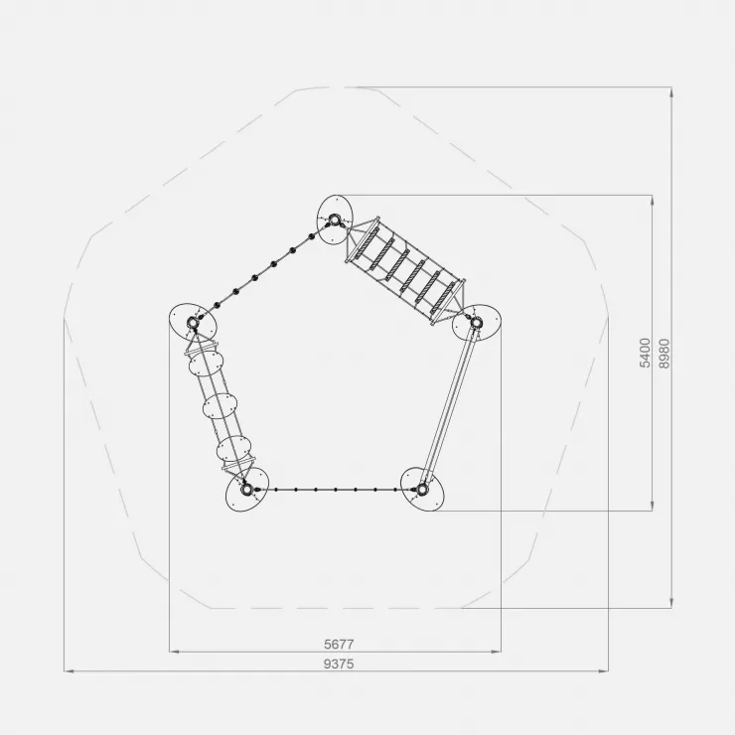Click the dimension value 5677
coord(339,644)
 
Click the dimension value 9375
coord(339,663)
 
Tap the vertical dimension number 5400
coord(646,353)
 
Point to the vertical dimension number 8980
coord(664,353)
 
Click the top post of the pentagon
coord(334,220)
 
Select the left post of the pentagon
coord(192,323)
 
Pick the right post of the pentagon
coord(476,322)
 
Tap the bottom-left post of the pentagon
coord(246,490)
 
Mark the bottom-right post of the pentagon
coord(422,490)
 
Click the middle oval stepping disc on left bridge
coord(220,406)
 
